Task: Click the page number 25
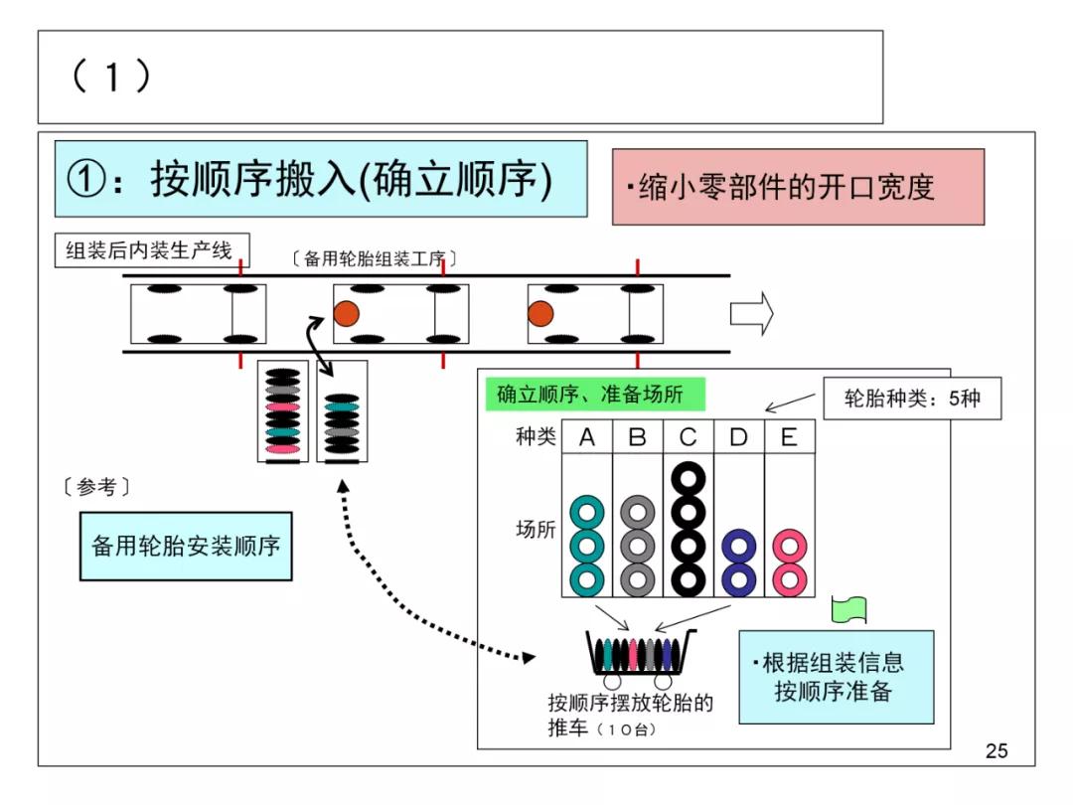(x=996, y=751)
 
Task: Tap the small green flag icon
(x=850, y=608)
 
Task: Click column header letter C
(x=688, y=437)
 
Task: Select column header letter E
(x=789, y=437)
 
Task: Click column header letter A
(x=586, y=437)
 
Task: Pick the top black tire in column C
(x=688, y=479)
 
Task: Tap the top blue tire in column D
(x=738, y=546)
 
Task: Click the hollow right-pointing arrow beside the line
(x=751, y=314)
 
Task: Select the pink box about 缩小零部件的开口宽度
(x=798, y=187)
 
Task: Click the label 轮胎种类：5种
(x=911, y=400)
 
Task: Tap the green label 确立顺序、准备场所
(x=596, y=395)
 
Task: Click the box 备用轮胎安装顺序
(x=186, y=546)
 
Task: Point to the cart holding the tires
(x=640, y=657)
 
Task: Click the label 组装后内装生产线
(x=150, y=250)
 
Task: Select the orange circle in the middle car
(x=346, y=314)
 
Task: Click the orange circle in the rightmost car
(x=540, y=314)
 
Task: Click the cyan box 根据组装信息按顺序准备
(x=836, y=677)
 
